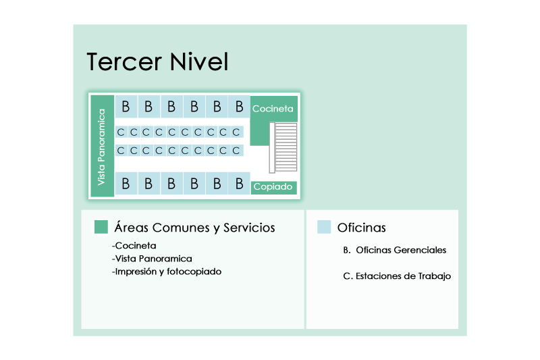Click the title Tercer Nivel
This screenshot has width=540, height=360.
coord(157,62)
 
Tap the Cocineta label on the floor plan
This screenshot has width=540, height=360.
coord(273,109)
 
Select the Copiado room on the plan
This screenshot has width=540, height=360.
coord(274,187)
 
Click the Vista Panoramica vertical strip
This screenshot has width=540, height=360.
coord(103,146)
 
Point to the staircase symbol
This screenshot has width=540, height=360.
coord(283,147)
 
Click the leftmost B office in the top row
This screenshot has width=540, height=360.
coord(126,107)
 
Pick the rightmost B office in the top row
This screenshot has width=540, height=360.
coord(240,107)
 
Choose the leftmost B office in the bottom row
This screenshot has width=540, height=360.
coord(126,183)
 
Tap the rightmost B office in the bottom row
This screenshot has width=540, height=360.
coord(240,183)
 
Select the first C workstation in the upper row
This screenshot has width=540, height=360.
coord(121,132)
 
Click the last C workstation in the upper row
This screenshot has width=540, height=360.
coord(236,132)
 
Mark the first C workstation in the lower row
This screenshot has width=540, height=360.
coord(121,151)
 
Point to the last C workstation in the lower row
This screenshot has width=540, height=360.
coord(236,151)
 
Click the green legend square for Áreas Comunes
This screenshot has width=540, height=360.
coord(101,227)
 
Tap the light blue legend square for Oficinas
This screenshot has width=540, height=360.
coord(324,227)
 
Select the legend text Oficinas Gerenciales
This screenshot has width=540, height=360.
coord(401,250)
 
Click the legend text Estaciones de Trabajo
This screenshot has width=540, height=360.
coord(403,276)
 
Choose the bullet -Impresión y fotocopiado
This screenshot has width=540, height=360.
coord(167,272)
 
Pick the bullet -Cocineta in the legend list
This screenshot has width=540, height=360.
coord(134,246)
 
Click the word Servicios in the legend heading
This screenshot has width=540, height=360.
coord(249,228)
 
